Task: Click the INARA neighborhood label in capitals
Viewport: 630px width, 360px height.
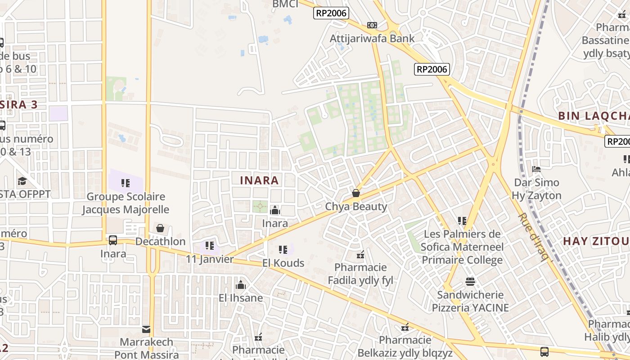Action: point(259,180)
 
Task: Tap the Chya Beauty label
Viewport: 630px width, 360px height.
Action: point(356,207)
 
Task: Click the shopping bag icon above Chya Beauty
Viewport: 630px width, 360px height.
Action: point(356,193)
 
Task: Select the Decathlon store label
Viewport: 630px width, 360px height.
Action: point(160,242)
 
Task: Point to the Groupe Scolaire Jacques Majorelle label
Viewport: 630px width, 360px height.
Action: point(126,203)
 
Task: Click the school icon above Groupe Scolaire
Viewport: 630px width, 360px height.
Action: point(126,183)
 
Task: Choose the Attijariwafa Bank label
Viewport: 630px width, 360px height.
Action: point(372,38)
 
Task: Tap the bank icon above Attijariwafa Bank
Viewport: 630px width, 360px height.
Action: point(372,25)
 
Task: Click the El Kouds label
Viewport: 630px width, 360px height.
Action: point(283,263)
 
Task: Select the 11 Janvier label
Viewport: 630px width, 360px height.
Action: point(210,259)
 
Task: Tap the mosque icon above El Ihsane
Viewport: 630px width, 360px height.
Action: point(241,285)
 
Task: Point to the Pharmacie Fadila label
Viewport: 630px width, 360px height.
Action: point(360,274)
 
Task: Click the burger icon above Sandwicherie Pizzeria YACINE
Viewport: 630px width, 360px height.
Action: point(470,282)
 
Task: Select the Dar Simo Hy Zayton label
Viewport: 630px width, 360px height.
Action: point(536,189)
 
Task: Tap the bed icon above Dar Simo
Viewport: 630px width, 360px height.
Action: point(536,169)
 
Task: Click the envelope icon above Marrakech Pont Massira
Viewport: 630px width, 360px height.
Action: point(146,329)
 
